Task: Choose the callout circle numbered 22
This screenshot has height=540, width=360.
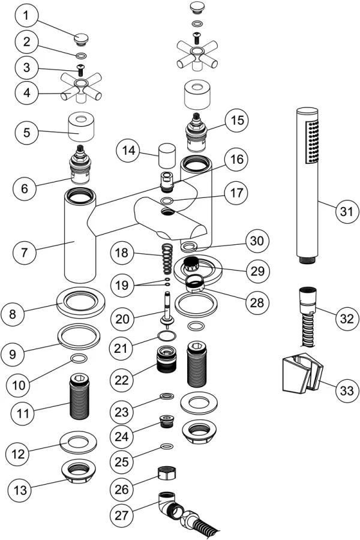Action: click(x=122, y=380)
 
